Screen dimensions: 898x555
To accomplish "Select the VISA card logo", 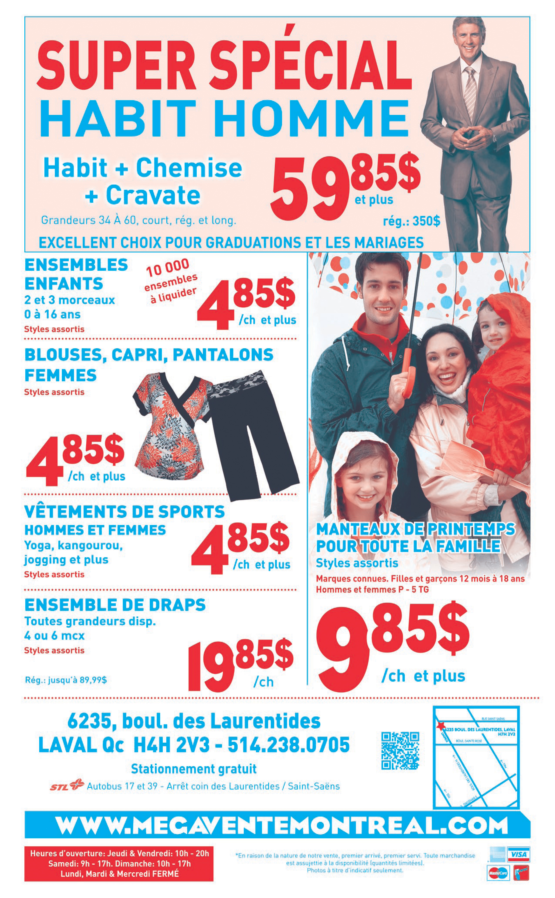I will click(518, 854).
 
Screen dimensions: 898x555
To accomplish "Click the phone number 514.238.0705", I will click(289, 745).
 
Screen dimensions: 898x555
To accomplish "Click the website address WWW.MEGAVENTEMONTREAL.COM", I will click(282, 826).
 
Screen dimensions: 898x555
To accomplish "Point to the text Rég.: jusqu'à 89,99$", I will click(66, 680).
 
